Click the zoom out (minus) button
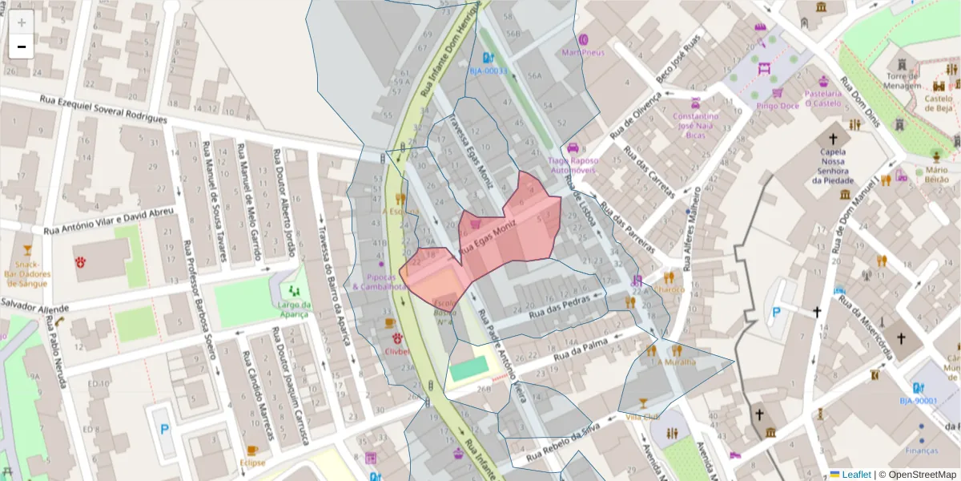[22, 46]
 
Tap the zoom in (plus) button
[22, 22]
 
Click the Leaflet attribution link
[855, 475]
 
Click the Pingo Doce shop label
[778, 106]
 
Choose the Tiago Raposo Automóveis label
[572, 165]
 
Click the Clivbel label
[396, 350]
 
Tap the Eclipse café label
[252, 463]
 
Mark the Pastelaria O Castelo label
[824, 98]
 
